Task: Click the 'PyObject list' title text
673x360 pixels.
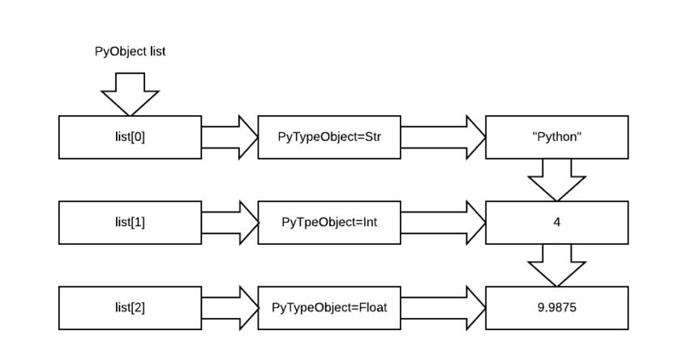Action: (131, 51)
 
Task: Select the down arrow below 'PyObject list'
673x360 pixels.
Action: (130, 93)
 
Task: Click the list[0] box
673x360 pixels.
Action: (130, 136)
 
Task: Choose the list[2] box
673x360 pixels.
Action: (130, 308)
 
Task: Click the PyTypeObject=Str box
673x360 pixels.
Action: (328, 136)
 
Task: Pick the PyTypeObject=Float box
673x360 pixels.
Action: (328, 308)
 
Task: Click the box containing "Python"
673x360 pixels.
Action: (556, 136)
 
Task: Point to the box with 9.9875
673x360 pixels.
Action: (556, 308)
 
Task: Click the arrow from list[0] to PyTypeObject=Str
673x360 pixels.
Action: (230, 136)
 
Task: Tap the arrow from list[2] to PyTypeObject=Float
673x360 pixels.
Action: (230, 308)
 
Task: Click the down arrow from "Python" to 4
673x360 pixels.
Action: (556, 179)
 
